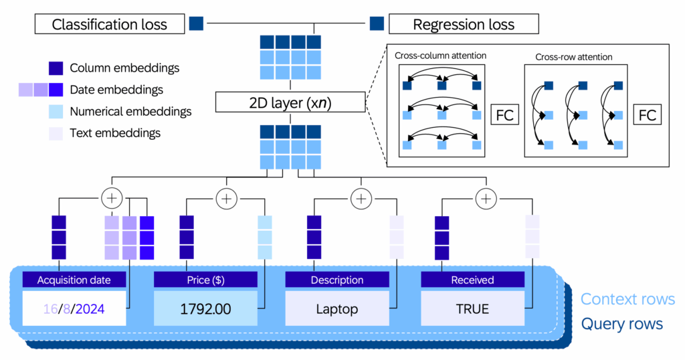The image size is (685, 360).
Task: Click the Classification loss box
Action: point(109,25)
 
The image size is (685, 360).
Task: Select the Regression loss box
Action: point(464,25)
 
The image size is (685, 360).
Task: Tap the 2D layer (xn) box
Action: point(290,102)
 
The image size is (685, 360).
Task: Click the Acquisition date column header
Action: point(74,280)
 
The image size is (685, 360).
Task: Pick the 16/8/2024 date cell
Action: point(74,309)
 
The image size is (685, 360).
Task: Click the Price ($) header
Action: point(206,280)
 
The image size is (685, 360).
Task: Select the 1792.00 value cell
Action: point(206,309)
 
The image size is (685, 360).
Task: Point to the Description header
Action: point(337,280)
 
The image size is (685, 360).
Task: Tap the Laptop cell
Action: point(337,309)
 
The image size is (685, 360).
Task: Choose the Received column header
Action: point(472,280)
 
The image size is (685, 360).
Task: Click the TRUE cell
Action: point(472,309)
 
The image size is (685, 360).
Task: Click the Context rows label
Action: point(627,300)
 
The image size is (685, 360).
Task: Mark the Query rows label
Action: point(621,325)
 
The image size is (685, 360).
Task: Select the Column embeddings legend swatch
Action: point(56,68)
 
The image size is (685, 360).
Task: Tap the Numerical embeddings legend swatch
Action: point(56,111)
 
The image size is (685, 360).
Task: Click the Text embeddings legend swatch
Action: point(56,133)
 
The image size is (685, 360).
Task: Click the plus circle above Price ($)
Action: point(226,198)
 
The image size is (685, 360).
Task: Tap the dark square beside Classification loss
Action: point(196,24)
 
